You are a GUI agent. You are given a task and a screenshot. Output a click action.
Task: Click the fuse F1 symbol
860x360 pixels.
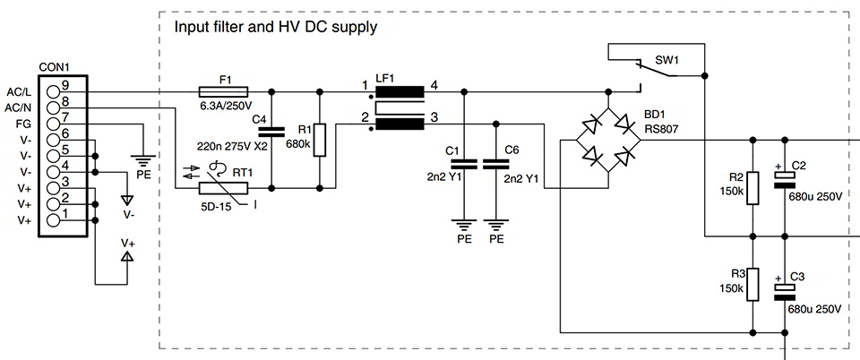[x=224, y=90]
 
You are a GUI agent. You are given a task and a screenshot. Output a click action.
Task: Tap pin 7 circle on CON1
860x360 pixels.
[x=55, y=122]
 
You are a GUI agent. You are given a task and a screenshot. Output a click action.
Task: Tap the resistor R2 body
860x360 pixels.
[x=752, y=188]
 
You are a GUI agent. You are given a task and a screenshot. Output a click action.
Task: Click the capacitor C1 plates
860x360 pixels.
[x=463, y=164]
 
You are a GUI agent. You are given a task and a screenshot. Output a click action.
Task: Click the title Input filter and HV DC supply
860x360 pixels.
[x=275, y=27]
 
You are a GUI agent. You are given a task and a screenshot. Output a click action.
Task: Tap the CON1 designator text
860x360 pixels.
[x=56, y=67]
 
